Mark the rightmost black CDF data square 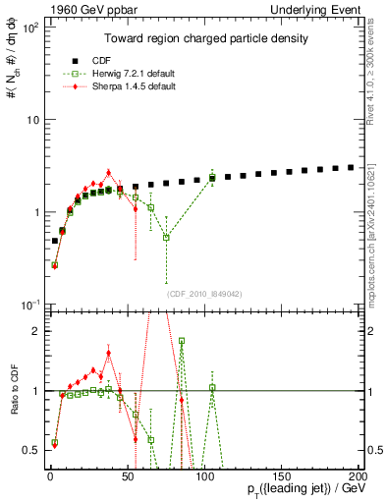[x=352, y=167]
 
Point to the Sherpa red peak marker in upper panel [x=108, y=172]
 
